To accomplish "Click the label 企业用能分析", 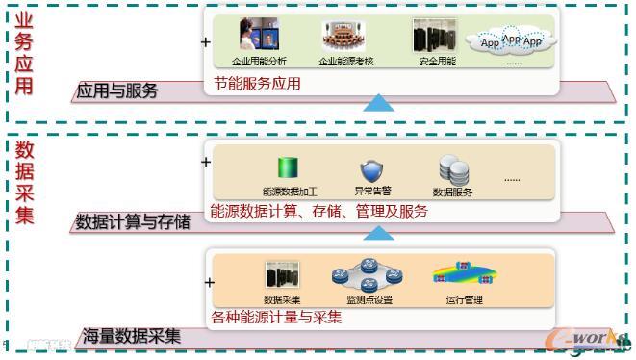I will coord(260,62).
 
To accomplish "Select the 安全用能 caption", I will coord(437,62).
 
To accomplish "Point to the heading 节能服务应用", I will coord(258,84).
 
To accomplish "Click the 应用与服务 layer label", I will coord(116,92).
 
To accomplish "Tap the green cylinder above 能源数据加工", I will coord(283,167).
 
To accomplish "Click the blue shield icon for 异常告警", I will coord(371,170).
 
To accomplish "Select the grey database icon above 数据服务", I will coord(453,169).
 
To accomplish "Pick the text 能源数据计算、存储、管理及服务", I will coord(318,211).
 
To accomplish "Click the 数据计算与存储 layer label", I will coord(133,222).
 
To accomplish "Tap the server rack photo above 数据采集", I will coord(282,275).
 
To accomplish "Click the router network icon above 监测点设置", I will coord(369,275).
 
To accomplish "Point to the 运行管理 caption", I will coord(464,299).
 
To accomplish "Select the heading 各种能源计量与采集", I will coord(275,317).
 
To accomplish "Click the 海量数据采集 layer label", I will coord(130,336).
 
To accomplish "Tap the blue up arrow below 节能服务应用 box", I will coord(379,102).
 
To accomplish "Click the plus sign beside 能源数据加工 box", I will coord(205,162).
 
